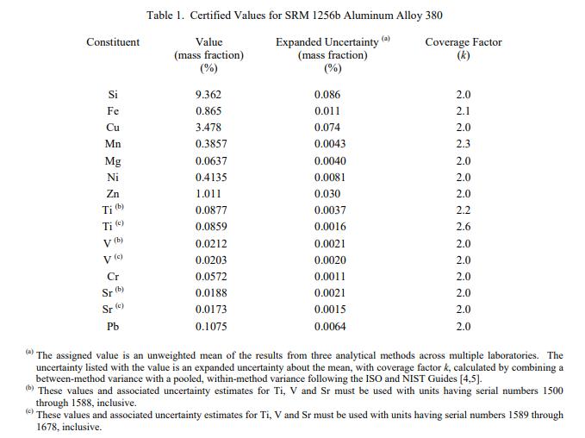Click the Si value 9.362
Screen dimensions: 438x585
208,95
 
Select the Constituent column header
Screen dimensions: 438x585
113,42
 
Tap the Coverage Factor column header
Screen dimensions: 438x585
464,42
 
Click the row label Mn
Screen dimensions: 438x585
113,144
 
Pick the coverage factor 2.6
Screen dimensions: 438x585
464,227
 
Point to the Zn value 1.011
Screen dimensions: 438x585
208,194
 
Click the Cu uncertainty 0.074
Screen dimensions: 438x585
328,128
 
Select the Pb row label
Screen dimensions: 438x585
113,326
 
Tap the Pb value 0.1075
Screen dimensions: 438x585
211,326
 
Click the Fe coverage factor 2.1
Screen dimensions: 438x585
464,111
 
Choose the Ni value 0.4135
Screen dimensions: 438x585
211,178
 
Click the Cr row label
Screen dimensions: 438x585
113,277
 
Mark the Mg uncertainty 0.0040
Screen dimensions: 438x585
331,161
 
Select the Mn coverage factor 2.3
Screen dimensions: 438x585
464,144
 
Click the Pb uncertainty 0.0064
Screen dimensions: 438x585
331,326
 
